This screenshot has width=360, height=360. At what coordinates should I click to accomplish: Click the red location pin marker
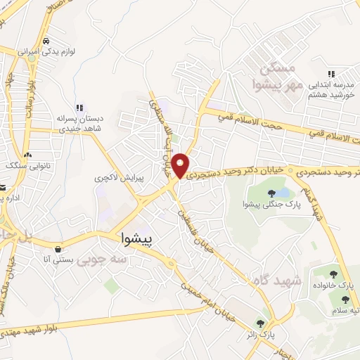[181, 165]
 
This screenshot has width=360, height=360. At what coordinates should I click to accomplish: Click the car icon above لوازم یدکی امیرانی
[46, 40]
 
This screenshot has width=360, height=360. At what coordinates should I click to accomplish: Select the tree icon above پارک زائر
[260, 323]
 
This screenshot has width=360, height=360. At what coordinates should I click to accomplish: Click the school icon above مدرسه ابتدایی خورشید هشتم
[330, 73]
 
